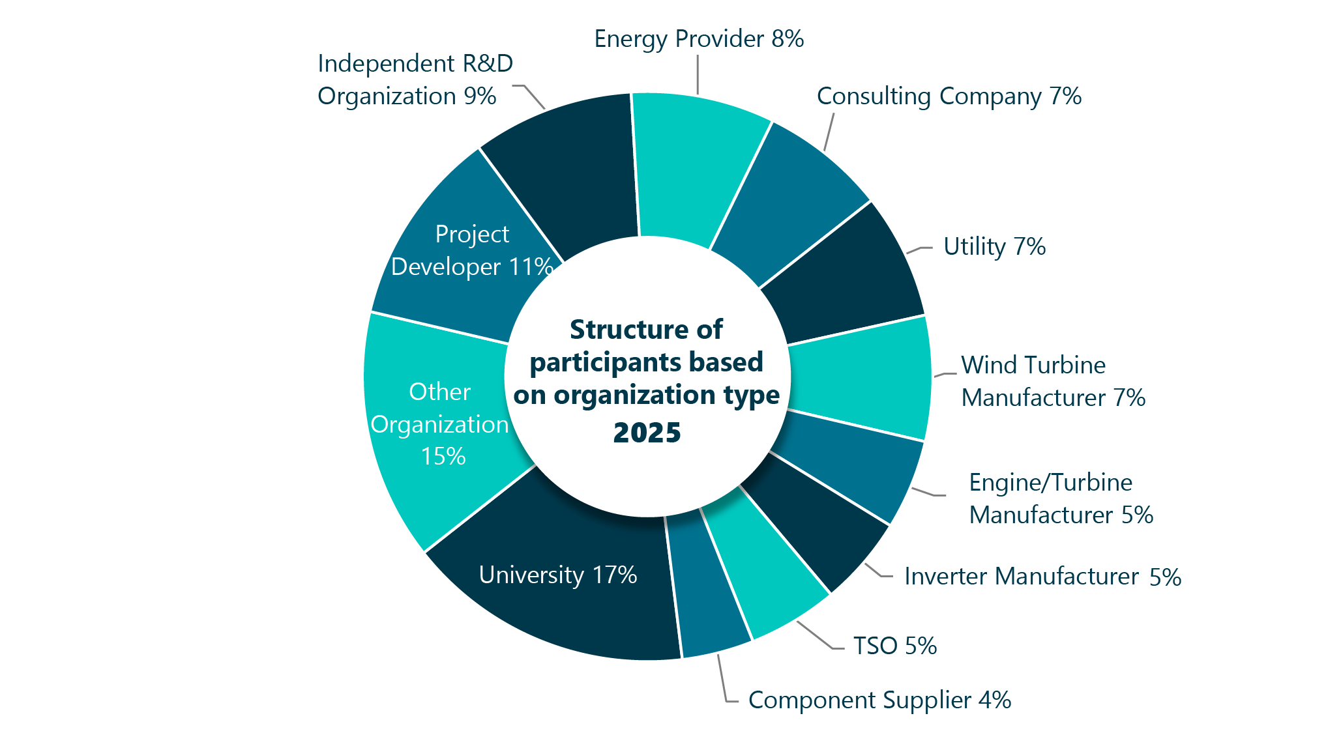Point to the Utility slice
[847, 274]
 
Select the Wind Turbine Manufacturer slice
[861, 378]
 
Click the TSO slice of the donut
[763, 573]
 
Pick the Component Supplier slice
[707, 593]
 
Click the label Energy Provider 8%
[699, 39]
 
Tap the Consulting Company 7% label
[949, 96]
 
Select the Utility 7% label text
[994, 247]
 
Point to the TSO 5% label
[894, 646]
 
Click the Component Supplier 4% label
[879, 700]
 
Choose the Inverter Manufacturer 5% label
[1042, 577]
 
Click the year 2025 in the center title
[647, 433]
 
